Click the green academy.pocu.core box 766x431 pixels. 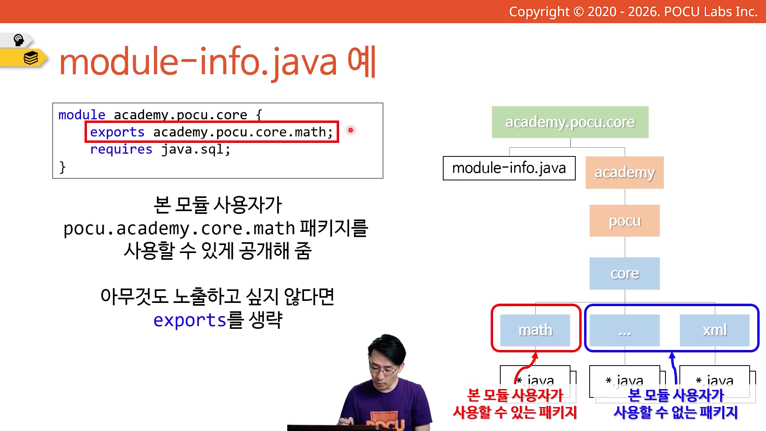tap(570, 122)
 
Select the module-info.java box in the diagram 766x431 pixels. tap(509, 168)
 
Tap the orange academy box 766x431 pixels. tap(625, 172)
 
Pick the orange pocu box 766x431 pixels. tap(625, 221)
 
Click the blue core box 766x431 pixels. tap(625, 273)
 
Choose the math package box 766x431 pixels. tap(535, 330)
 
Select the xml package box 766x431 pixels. tap(715, 330)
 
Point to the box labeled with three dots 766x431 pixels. tap(625, 330)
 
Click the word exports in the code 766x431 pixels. tap(117, 132)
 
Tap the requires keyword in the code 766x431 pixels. tap(121, 150)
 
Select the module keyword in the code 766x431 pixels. tap(82, 115)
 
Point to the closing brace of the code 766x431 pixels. tap(62, 167)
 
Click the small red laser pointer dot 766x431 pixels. tap(351, 130)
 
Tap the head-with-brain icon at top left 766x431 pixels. tap(19, 40)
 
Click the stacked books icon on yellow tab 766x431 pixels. tap(31, 58)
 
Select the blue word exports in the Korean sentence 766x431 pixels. tap(190, 320)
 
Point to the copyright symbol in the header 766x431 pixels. tap(578, 12)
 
